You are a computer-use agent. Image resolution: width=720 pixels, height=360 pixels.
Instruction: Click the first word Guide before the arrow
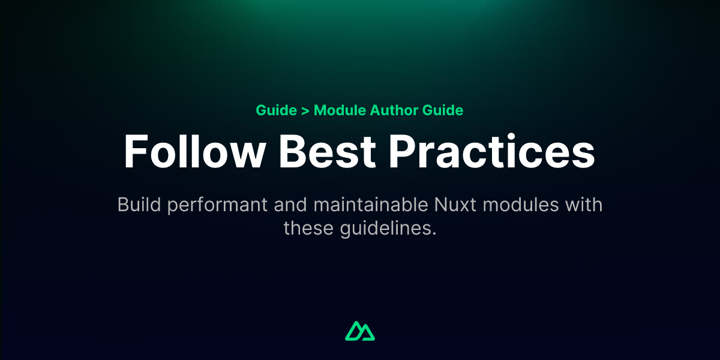[x=276, y=110]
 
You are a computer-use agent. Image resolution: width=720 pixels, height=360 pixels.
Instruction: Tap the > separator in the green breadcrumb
[x=305, y=110]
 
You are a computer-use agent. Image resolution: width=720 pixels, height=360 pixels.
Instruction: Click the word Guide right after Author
[x=443, y=110]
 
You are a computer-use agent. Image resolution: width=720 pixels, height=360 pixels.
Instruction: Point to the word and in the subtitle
[x=290, y=205]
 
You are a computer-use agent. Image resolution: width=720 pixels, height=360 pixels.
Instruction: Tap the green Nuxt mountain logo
[x=360, y=331]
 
